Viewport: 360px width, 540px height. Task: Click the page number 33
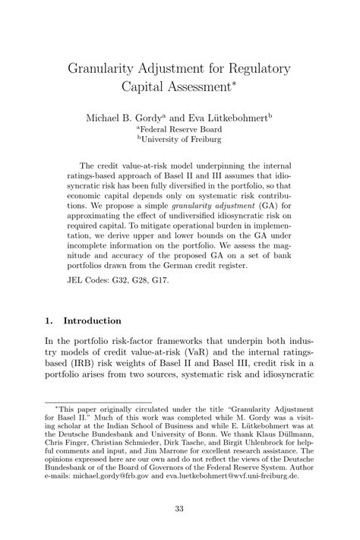(x=179, y=509)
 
